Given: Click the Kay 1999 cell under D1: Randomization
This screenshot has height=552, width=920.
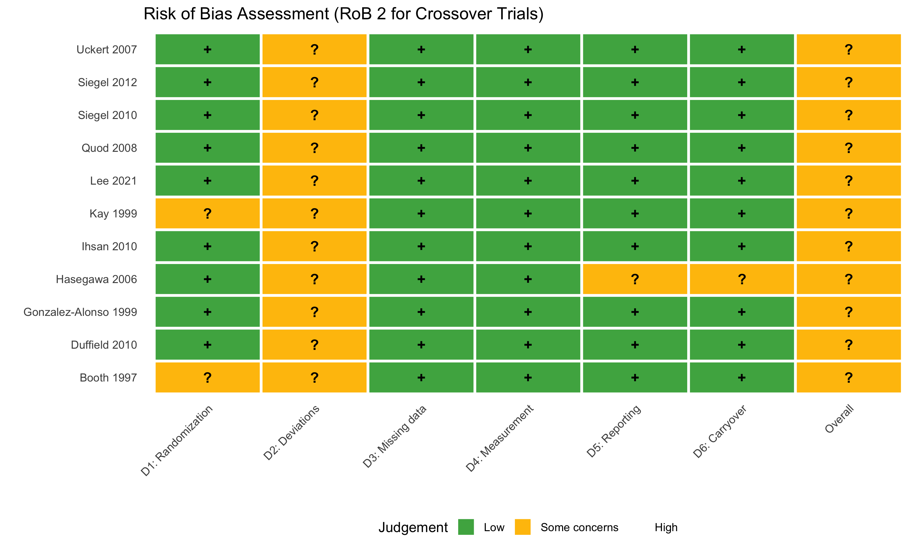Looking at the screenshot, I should pos(208,213).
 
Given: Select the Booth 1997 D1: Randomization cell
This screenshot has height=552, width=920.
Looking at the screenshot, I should pos(208,378).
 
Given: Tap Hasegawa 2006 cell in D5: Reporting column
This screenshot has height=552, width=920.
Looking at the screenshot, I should pos(635,279).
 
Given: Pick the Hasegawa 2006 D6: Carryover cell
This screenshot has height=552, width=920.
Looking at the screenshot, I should pos(742,279).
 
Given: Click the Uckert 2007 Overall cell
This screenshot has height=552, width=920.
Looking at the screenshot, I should pos(849,49).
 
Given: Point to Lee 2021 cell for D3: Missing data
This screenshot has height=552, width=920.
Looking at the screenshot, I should pos(421,180).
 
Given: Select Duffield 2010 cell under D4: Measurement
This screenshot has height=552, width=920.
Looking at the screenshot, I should pos(528,345).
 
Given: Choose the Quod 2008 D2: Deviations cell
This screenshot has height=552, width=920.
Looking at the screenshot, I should pos(314,148).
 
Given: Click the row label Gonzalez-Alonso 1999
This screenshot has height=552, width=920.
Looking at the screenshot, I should pos(80,312).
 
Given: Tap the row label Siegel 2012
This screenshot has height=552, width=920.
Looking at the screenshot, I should pos(107,82).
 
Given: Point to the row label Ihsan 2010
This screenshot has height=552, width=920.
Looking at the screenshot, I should pos(109,246).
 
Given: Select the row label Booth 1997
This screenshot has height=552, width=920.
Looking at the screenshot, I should pos(108,378).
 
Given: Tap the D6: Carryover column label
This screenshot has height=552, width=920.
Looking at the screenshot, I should pos(719,431).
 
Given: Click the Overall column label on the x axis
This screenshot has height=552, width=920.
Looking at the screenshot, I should pos(839,419).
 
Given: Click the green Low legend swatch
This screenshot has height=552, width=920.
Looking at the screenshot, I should pos(466,527).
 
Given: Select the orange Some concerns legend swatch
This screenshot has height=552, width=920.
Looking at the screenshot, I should pos(523,527).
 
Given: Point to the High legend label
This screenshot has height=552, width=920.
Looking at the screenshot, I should pos(666,527).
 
